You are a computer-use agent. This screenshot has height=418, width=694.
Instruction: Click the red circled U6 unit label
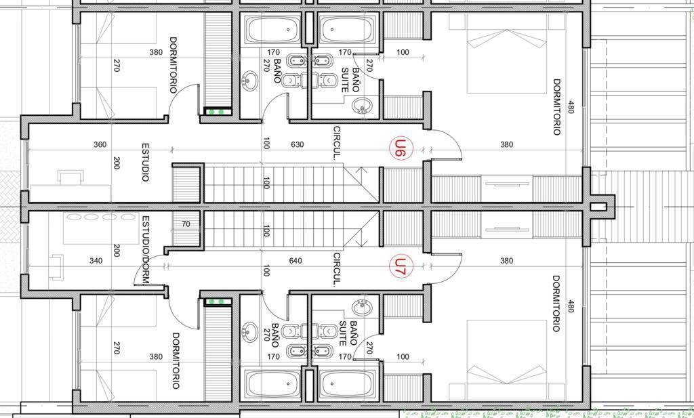point(401,148)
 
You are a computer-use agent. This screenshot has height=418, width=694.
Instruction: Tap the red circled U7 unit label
point(401,267)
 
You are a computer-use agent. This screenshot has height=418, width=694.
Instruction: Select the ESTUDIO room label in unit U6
point(145,162)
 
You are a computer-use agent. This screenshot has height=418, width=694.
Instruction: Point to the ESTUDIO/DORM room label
point(145,250)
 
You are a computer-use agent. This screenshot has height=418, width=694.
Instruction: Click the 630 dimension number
point(298,145)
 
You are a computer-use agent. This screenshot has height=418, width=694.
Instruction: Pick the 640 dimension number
point(295,261)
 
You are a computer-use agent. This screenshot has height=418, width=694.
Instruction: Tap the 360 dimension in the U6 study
point(100,145)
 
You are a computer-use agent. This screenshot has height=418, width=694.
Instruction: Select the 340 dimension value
point(96,261)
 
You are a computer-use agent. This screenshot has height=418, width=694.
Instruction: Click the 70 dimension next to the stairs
point(186,224)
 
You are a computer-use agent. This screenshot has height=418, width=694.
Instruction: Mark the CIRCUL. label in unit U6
point(337,143)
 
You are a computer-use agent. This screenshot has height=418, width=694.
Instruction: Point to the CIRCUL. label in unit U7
point(337,270)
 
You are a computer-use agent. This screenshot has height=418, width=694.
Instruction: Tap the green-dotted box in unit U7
point(218,301)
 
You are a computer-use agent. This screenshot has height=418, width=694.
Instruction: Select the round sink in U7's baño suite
point(362,308)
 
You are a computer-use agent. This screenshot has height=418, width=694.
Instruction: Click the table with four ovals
point(101,228)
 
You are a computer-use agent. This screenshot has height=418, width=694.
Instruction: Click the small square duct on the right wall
point(598,207)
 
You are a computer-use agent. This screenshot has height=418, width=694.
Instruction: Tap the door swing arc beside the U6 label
point(451,140)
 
